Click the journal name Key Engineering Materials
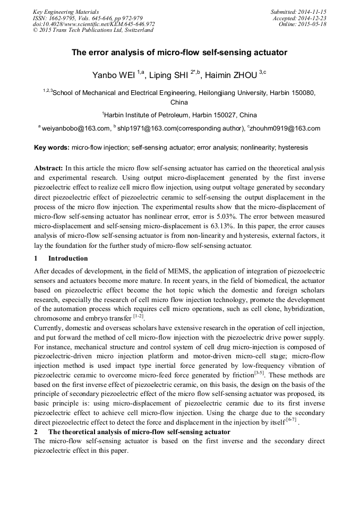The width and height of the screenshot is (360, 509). [x=65, y=11]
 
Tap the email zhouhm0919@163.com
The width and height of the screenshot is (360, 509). [x=286, y=128]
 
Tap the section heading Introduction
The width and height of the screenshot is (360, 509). [x=68, y=258]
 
